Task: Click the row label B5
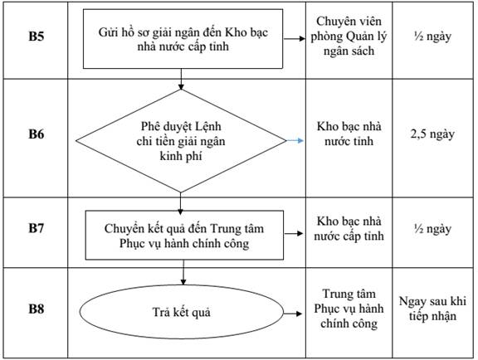(x=37, y=36)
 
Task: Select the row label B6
(x=37, y=134)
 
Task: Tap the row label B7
(x=37, y=228)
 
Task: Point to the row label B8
(x=37, y=309)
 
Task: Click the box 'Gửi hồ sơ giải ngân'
(x=183, y=39)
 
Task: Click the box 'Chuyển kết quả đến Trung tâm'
(x=184, y=235)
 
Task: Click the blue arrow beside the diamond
(x=295, y=140)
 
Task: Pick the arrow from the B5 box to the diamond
(x=181, y=80)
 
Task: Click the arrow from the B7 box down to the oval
(x=183, y=272)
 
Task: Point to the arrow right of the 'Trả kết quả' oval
(x=293, y=314)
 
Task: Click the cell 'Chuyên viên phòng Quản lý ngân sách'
(x=349, y=36)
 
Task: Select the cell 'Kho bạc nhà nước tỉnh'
(x=349, y=134)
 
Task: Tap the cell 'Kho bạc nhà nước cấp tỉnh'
(x=349, y=229)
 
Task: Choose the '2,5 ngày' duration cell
(x=432, y=134)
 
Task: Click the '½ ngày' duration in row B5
(x=432, y=36)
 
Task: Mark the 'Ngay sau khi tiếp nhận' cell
(x=432, y=309)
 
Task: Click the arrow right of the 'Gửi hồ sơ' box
(x=294, y=39)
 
